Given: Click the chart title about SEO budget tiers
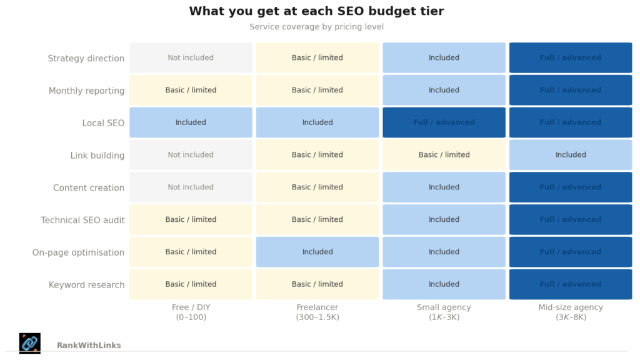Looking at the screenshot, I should tap(316, 11).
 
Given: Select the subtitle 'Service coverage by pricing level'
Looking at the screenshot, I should tap(316, 27).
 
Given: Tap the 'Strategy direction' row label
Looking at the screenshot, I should tap(86, 58).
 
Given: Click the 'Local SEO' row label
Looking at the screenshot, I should tap(103, 123).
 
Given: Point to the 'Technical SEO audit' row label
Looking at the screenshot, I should tap(82, 220).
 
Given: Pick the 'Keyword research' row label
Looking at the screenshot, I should tap(86, 285).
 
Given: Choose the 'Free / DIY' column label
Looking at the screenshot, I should tap(191, 312).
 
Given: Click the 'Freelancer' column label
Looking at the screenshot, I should tap(317, 312).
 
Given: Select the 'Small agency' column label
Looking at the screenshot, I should tap(444, 312).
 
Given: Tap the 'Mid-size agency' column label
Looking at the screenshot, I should tap(571, 312).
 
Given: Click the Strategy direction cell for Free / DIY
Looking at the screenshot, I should tap(191, 57).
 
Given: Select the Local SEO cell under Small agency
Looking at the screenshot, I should tap(444, 122).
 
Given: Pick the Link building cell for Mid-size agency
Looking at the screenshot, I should tap(571, 155).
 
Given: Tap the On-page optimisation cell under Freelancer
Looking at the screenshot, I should tap(317, 252).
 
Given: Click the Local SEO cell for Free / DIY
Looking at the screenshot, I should tap(191, 122).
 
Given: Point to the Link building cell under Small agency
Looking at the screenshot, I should tap(444, 155).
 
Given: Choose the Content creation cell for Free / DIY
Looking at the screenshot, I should tap(191, 187).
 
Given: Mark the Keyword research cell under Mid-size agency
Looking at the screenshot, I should tap(571, 284).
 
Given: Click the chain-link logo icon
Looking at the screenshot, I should tap(30, 343).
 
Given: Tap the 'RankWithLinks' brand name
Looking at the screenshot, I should tap(89, 346).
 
